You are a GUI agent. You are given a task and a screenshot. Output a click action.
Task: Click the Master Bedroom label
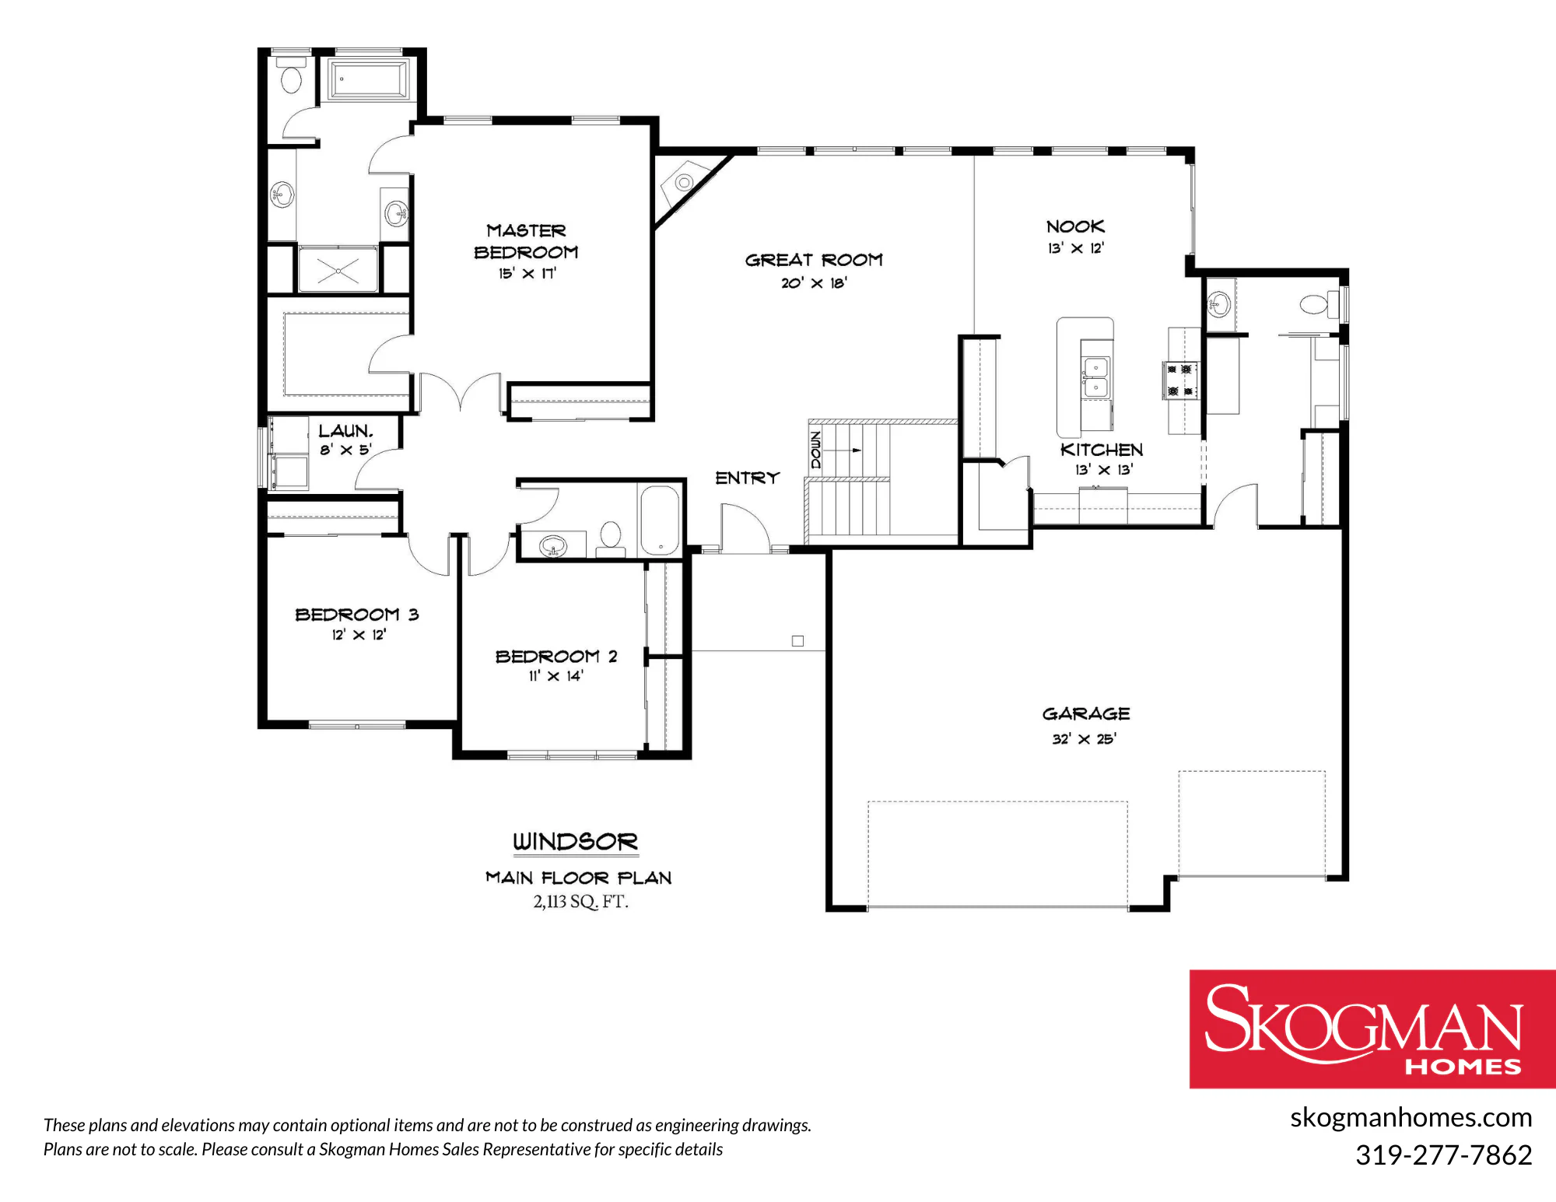coord(526,241)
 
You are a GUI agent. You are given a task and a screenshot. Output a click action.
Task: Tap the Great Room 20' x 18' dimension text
coord(814,283)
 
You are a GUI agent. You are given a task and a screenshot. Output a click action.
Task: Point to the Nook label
coord(1075,226)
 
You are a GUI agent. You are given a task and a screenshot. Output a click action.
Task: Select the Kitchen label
coord(1102,450)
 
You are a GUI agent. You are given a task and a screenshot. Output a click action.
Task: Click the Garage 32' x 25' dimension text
coord(1084,738)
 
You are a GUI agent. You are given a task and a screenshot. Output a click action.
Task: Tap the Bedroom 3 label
coord(357,615)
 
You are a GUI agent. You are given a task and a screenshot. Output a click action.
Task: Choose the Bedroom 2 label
coord(556,657)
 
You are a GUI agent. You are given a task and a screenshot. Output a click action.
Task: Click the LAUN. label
coord(345,431)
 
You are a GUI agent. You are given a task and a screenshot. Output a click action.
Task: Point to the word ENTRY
coord(747,478)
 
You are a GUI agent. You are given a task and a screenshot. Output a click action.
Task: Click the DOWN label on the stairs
coord(815,450)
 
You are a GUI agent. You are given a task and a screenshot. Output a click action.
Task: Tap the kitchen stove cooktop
coord(1180,380)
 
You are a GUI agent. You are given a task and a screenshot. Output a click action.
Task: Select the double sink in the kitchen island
coord(1095,377)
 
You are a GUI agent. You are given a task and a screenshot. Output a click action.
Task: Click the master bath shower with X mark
coord(338,269)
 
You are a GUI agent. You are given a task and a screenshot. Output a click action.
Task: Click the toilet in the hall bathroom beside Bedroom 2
coord(611,540)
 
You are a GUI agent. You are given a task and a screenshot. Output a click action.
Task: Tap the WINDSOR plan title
coord(575,841)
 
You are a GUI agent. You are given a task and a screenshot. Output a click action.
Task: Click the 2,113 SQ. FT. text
coord(580,902)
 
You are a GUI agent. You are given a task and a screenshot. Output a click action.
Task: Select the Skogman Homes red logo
coord(1372,1029)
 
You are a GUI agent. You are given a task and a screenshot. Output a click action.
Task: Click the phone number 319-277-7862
coord(1444,1155)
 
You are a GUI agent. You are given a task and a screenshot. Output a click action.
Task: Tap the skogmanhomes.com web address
coord(1411,1117)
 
